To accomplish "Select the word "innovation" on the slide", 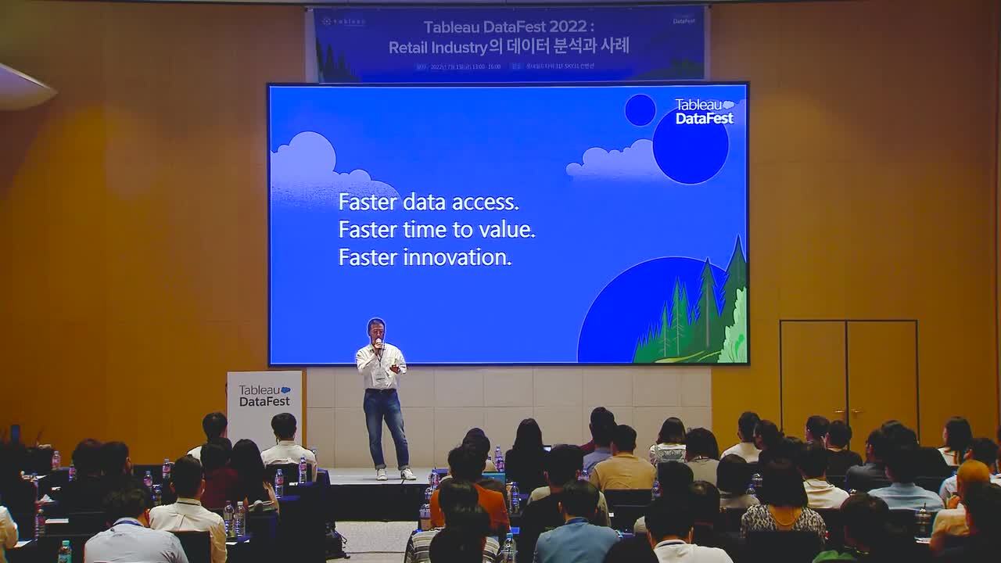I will coord(466,257).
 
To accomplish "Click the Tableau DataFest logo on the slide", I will coord(704,111).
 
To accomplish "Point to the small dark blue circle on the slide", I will coord(640,109).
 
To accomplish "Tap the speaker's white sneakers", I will coord(394,473).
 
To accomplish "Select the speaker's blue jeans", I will coord(386,426).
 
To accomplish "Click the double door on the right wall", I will coord(849,375).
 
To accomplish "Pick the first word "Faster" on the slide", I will coord(367,202).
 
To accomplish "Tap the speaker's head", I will coord(376,328).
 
